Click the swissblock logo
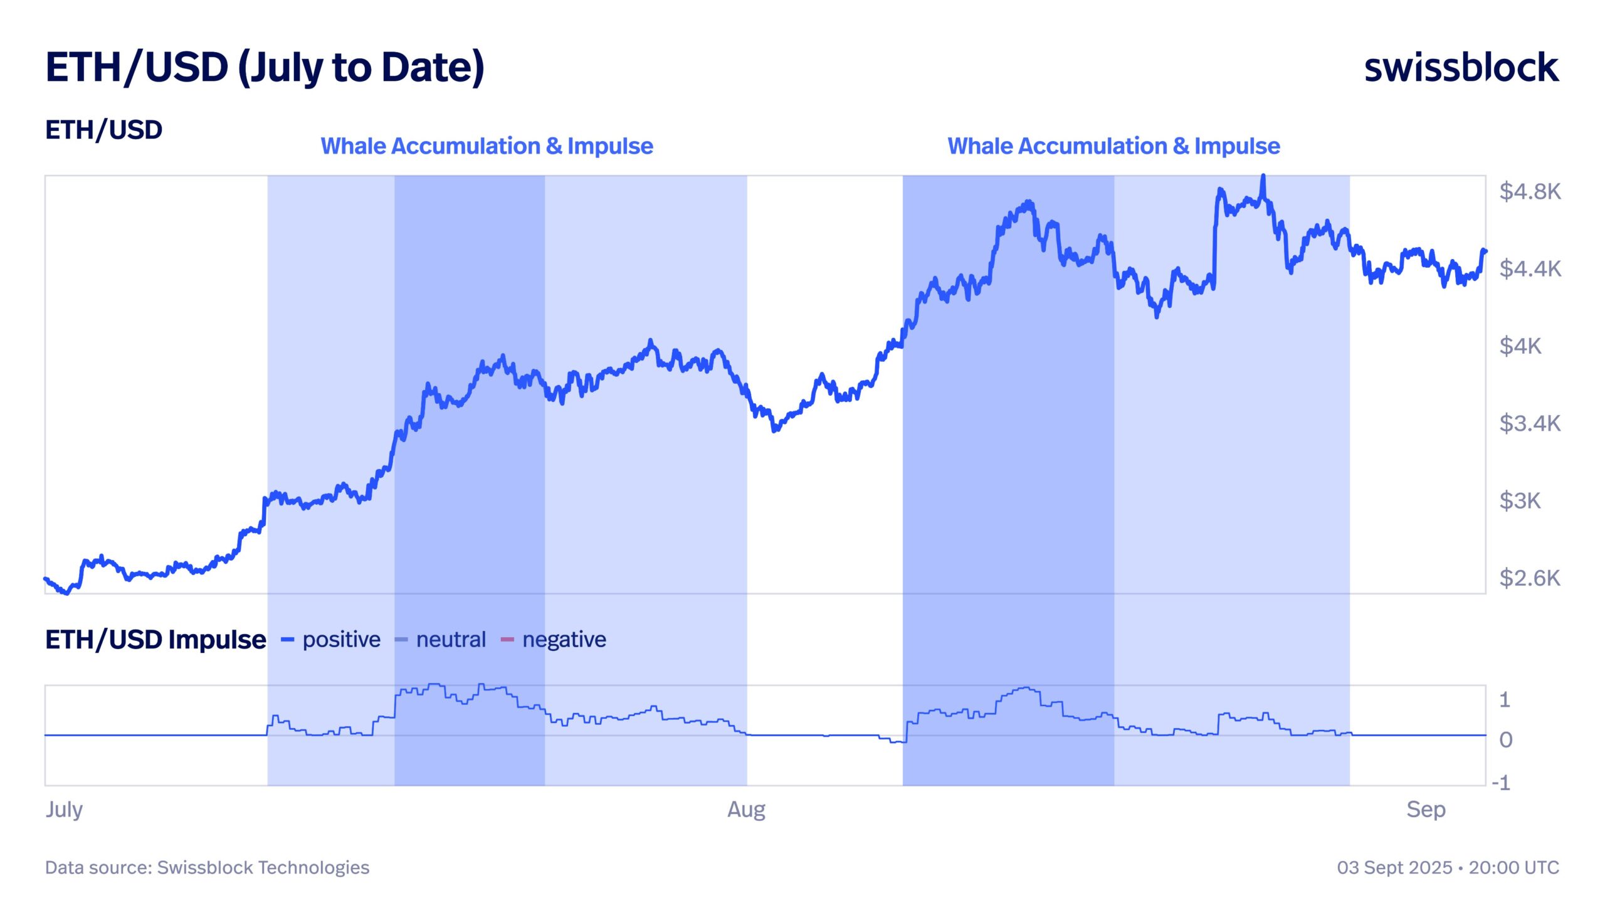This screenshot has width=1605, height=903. point(1461,68)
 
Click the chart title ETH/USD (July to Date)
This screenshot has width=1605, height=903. point(265,68)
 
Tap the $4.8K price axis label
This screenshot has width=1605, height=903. point(1530,191)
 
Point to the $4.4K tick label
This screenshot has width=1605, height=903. point(1530,269)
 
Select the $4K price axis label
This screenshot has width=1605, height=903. point(1520,346)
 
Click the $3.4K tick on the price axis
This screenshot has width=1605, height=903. point(1530,424)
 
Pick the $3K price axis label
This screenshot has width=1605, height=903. point(1520,501)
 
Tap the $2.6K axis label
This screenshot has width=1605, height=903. point(1530,578)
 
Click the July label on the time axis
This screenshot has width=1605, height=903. point(64,810)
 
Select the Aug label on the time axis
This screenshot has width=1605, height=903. point(746,810)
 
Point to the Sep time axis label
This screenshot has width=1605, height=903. point(1426,810)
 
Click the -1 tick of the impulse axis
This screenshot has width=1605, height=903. point(1501,783)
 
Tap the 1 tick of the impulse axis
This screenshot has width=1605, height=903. point(1504,700)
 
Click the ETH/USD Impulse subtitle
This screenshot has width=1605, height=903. point(155,640)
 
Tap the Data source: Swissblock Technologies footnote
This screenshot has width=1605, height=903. point(207,868)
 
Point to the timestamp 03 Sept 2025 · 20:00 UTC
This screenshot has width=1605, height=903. point(1448,868)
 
